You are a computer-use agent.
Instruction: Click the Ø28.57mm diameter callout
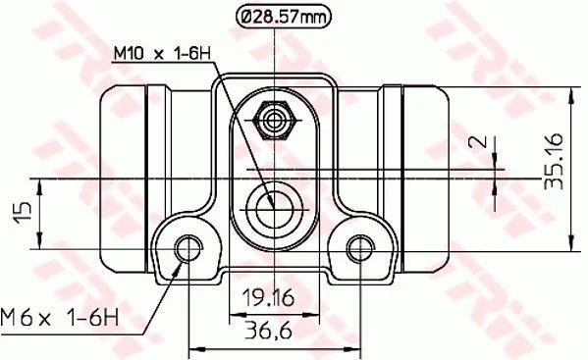pos(284,17)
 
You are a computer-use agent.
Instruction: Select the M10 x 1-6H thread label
pos(162,54)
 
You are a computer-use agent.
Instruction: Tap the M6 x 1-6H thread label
pos(60,318)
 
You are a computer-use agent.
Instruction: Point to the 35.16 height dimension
pos(554,161)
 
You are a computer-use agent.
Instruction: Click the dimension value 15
pos(23,213)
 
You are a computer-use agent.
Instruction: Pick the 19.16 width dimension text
pos(268,298)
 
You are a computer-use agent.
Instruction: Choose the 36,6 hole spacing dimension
pos(268,331)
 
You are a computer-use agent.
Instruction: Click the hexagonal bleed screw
pos(274,121)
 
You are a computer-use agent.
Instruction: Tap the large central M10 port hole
pos(274,209)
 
